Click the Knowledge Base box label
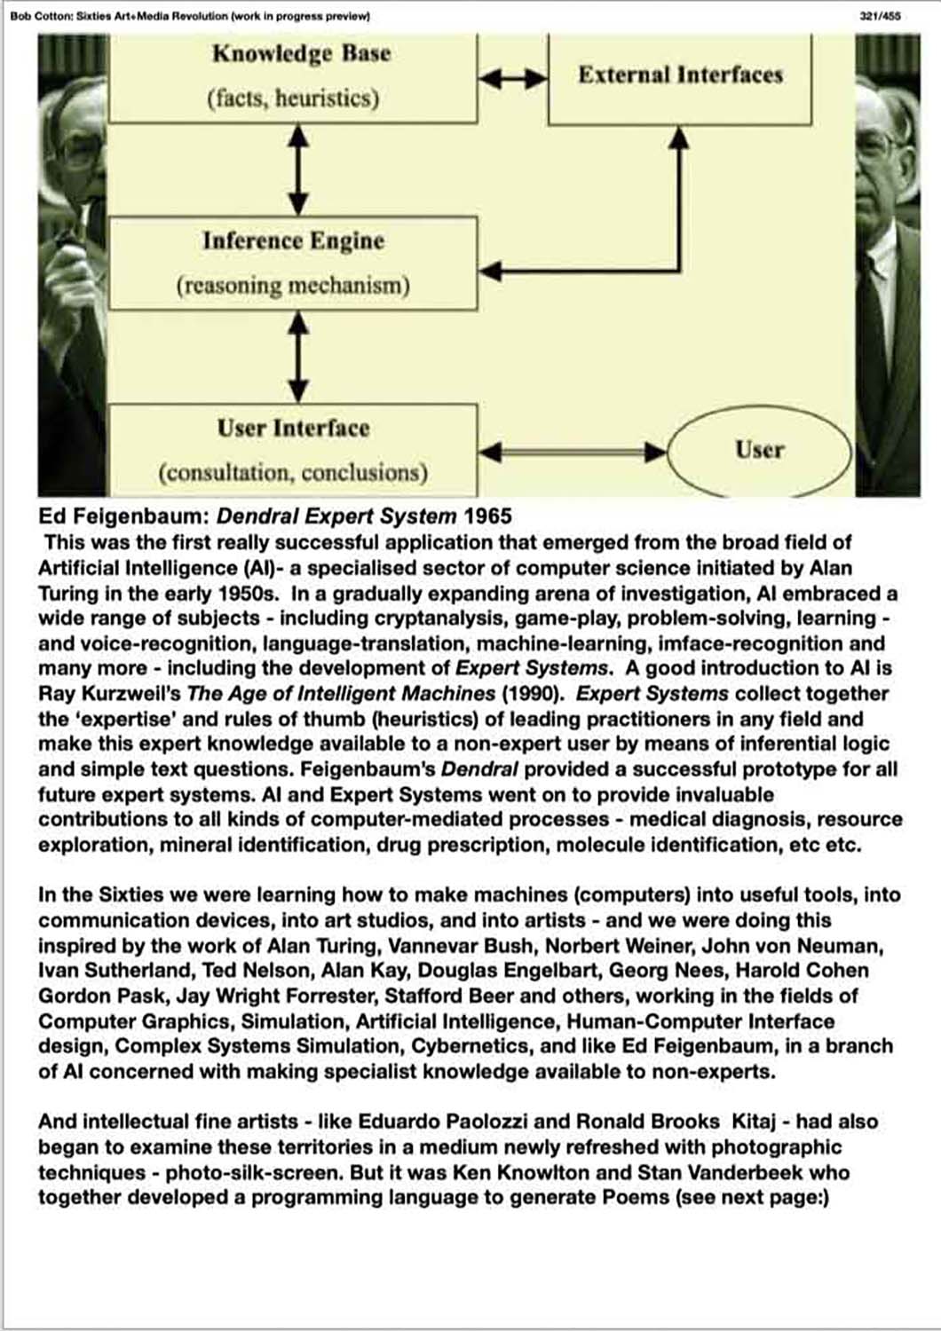301,53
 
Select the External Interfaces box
680,75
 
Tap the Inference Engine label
293,240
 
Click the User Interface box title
293,428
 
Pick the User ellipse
758,450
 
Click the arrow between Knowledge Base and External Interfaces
513,79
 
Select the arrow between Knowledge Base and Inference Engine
299,169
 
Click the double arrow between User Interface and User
572,452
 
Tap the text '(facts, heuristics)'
293,98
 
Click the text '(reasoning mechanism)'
293,286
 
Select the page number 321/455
880,16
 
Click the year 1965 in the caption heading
487,516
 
